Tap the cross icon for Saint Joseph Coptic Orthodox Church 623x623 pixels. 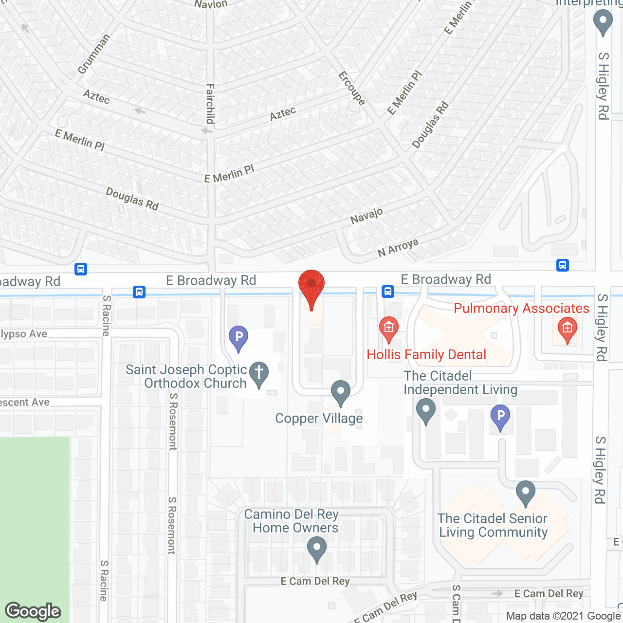(259, 374)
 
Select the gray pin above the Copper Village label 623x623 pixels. (341, 392)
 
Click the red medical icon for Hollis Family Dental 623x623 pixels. (388, 328)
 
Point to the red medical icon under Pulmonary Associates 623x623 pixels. (567, 329)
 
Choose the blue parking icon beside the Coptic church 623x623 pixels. (238, 337)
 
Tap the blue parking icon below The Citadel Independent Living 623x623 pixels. (500, 417)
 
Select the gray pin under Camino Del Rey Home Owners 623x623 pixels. (317, 548)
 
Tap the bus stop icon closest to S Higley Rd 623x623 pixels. (563, 265)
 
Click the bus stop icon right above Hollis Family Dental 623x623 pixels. (387, 292)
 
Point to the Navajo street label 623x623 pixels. (366, 216)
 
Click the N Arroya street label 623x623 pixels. (398, 248)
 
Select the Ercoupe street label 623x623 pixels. (352, 88)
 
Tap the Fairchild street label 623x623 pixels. (210, 104)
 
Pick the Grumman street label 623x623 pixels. (94, 54)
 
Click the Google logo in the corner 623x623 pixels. (33, 611)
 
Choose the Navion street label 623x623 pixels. (211, 4)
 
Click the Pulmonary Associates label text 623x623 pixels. (521, 308)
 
